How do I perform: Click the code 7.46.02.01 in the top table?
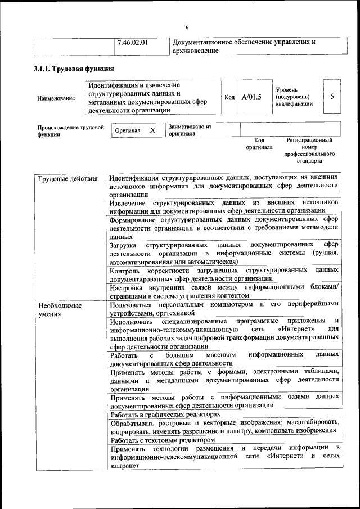(136, 42)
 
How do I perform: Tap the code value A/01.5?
(251, 97)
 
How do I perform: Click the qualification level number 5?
(332, 96)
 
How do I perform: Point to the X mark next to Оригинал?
(152, 130)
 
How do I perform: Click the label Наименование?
(56, 98)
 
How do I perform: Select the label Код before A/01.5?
(229, 97)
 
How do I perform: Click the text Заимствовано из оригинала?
(190, 130)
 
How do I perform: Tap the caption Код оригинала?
(259, 143)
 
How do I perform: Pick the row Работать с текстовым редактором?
(163, 440)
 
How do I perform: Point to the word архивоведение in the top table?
(195, 51)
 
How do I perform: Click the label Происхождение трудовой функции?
(70, 131)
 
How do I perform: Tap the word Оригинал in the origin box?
(127, 130)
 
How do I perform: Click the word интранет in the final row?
(124, 466)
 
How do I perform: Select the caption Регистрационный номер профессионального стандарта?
(309, 150)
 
